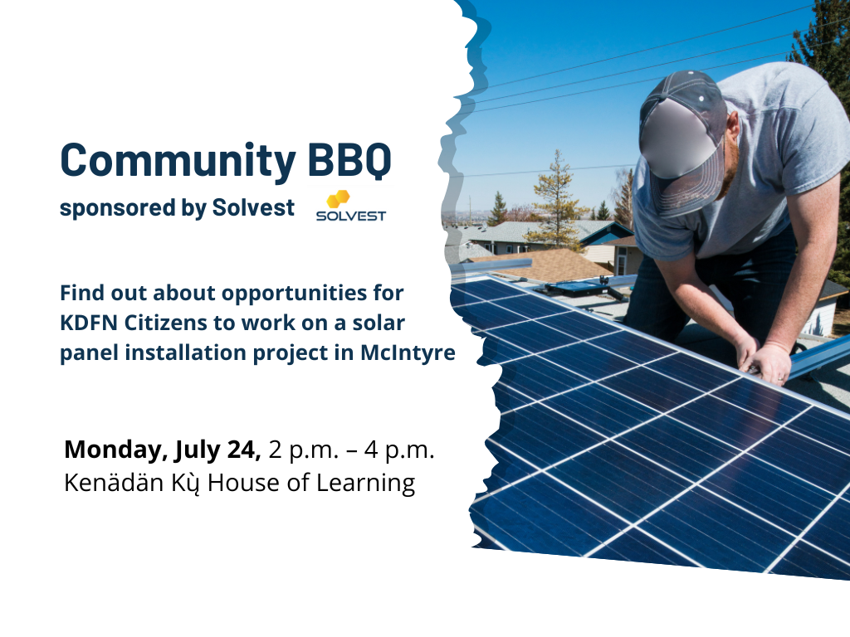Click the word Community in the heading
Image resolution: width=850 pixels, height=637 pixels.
(x=178, y=161)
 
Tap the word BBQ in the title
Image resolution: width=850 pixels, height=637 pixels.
(x=349, y=160)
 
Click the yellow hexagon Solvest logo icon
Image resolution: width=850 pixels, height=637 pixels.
(x=338, y=198)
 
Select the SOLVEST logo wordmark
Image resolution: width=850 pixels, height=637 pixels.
(x=351, y=216)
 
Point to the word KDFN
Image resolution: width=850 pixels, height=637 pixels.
(x=89, y=323)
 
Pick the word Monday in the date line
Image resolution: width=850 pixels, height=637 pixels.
(x=112, y=450)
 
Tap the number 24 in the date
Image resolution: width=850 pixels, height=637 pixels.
(x=242, y=450)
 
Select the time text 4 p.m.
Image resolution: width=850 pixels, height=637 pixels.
(x=399, y=450)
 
